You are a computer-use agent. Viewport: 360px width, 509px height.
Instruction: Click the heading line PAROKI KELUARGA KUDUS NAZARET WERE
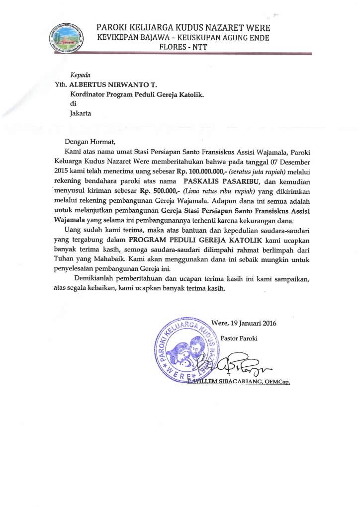[183, 28]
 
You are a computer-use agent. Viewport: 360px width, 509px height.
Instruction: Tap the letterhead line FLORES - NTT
[183, 47]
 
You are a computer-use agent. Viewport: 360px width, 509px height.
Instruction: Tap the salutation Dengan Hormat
[90, 141]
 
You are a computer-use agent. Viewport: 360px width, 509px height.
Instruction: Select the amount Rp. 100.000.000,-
[195, 170]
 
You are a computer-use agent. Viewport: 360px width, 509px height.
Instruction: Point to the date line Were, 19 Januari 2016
[244, 323]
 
